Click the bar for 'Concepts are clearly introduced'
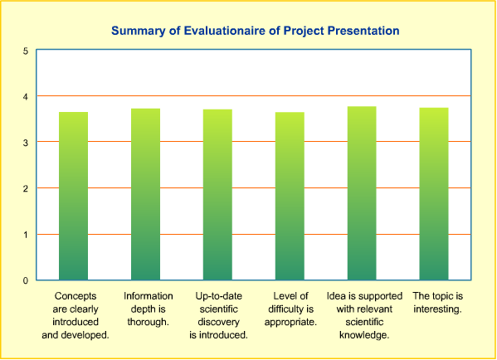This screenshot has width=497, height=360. click(73, 196)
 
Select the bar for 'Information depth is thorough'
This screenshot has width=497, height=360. click(145, 194)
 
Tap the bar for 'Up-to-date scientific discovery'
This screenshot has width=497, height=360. click(217, 195)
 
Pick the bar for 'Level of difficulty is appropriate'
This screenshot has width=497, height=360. click(290, 196)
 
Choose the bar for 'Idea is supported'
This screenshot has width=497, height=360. click(362, 193)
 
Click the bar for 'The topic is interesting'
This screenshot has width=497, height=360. click(434, 194)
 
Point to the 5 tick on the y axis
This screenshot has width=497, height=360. click(26, 51)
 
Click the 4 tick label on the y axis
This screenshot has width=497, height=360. click(26, 97)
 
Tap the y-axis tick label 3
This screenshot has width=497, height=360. click(26, 143)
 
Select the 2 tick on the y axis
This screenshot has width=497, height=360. click(26, 188)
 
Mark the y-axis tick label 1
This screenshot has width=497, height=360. click(26, 235)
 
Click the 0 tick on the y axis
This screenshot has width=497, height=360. click(26, 280)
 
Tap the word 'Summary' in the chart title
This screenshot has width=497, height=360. click(139, 32)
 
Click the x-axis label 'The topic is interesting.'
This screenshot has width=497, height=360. click(438, 302)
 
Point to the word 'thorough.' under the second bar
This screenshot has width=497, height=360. click(148, 322)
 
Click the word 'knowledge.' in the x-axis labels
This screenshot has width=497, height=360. click(364, 334)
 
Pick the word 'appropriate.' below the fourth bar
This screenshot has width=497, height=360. click(290, 322)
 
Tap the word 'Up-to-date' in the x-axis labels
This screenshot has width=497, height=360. click(219, 296)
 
